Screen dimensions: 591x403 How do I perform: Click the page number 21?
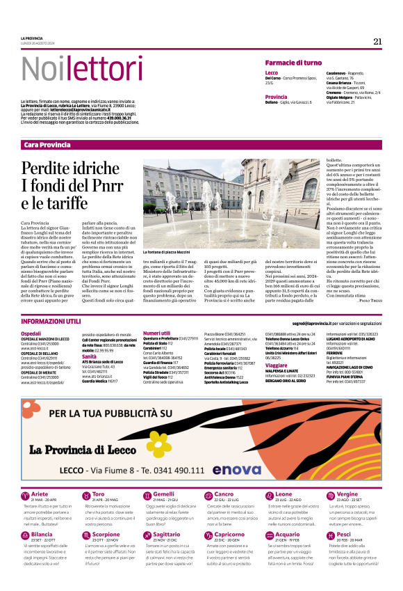click(x=377, y=41)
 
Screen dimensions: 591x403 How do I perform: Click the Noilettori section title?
click(x=72, y=68)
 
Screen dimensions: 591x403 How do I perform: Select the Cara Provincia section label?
click(x=47, y=144)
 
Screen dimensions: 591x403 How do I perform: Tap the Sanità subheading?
click(x=90, y=356)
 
